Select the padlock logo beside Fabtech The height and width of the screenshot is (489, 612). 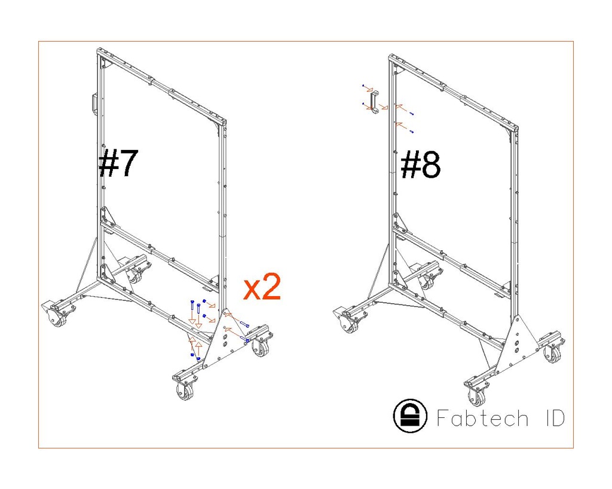411,415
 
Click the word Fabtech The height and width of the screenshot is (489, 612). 482,418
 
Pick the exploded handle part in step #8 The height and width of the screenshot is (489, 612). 374,102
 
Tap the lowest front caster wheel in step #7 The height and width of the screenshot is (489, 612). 185,392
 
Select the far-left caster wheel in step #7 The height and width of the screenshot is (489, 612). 58,319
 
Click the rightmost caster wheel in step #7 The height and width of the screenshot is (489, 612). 261,348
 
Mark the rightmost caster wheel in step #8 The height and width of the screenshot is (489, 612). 552,354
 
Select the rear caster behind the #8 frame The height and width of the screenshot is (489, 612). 429,281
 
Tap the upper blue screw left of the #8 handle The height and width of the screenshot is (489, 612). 364,87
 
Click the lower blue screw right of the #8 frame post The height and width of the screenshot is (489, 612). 412,131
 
